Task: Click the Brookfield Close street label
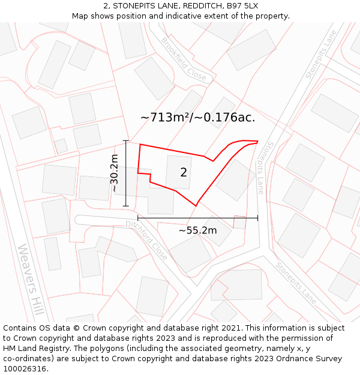pyautogui.click(x=184, y=59)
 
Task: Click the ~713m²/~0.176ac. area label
pyautogui.click(x=198, y=118)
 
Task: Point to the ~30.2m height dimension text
pyautogui.click(x=114, y=173)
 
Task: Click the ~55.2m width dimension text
pyautogui.click(x=197, y=230)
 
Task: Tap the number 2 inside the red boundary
pyautogui.click(x=184, y=173)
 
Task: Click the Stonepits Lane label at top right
pyautogui.click(x=321, y=55)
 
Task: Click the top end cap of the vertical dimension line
pyautogui.click(x=126, y=140)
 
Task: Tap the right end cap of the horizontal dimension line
pyautogui.click(x=257, y=218)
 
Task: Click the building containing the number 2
pyautogui.click(x=179, y=172)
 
